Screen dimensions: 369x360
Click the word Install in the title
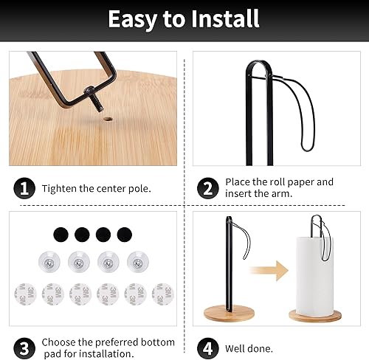coord(225,19)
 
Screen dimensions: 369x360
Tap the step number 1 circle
coord(24,188)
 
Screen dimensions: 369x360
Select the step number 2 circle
coord(208,188)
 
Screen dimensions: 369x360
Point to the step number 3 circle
coord(24,348)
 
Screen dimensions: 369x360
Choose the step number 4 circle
coord(208,348)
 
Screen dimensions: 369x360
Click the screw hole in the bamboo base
coord(108,120)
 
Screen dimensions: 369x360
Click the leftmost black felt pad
coord(61,235)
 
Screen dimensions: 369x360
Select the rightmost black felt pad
coord(125,235)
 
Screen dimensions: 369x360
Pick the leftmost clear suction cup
coord(49,262)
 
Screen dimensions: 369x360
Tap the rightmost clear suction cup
coord(138,262)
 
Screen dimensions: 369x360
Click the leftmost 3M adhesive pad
coord(25,294)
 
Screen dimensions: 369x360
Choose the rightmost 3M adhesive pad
coord(163,294)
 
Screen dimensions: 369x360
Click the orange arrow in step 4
coord(269,271)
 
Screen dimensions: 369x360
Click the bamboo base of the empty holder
coord(229,314)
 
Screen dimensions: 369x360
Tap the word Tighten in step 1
coord(59,189)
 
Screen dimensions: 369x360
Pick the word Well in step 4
coord(235,348)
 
